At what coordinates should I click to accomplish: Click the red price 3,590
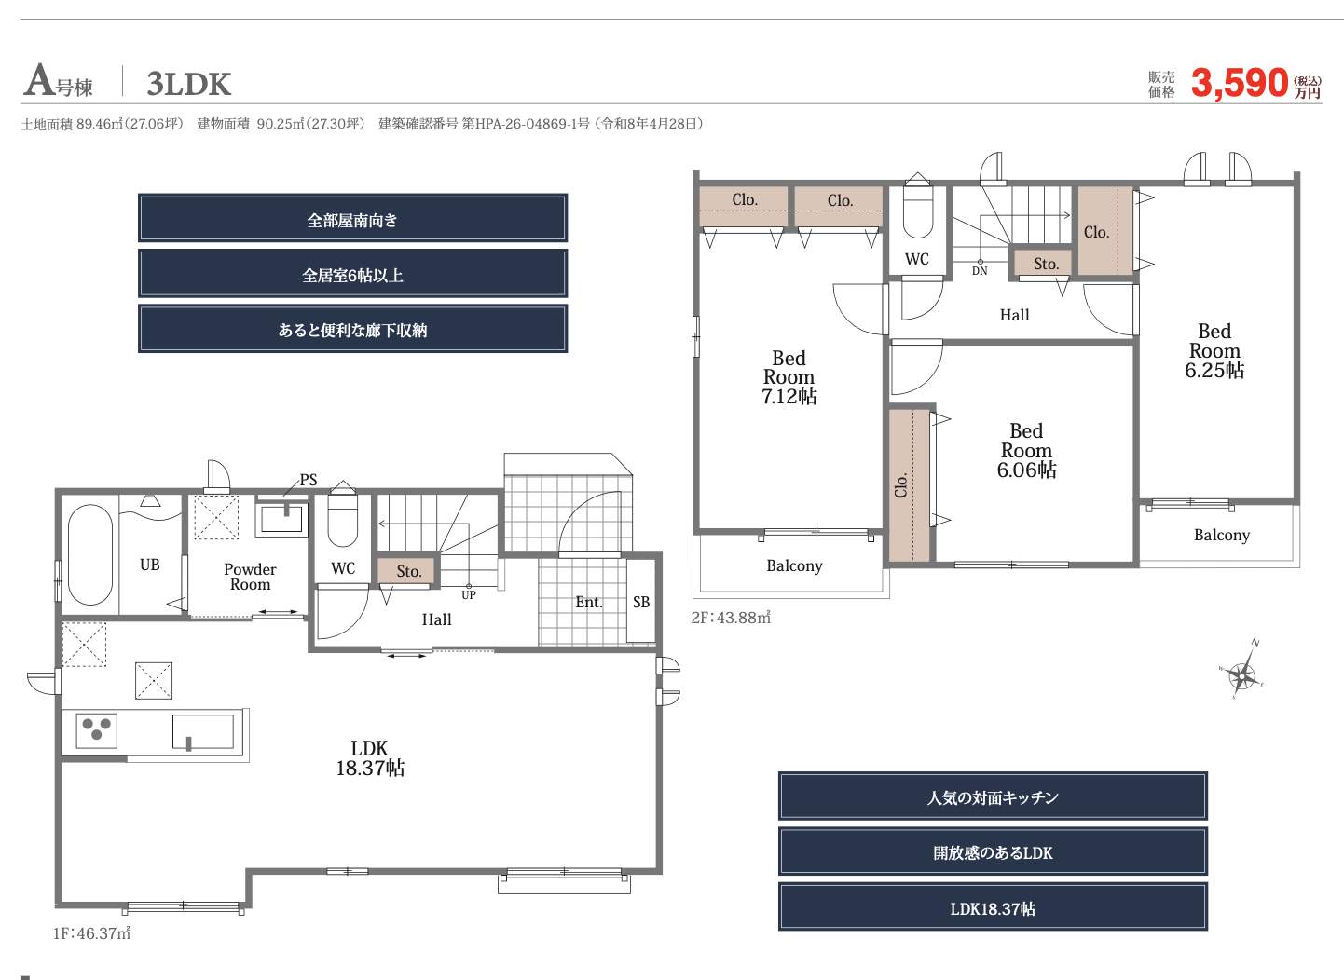[x=1240, y=83]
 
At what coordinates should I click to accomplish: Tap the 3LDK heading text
[x=189, y=84]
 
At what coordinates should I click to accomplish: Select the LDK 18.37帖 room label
[x=370, y=758]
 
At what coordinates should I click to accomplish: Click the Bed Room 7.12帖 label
[x=789, y=377]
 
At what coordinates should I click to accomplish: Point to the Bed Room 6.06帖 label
[x=1026, y=451]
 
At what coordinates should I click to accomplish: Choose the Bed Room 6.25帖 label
[x=1214, y=351]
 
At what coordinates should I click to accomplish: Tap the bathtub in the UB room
[x=90, y=554]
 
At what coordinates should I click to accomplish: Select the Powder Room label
[x=250, y=577]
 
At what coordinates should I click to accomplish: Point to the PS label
[x=309, y=480]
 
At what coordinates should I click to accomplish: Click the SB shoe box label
[x=641, y=602]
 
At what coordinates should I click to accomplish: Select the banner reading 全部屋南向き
[x=353, y=218]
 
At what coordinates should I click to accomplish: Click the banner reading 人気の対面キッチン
[x=993, y=796]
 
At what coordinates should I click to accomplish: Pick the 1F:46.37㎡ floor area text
[x=91, y=933]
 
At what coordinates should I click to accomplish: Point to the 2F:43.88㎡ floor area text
[x=731, y=617]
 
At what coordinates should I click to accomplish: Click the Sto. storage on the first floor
[x=408, y=571]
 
